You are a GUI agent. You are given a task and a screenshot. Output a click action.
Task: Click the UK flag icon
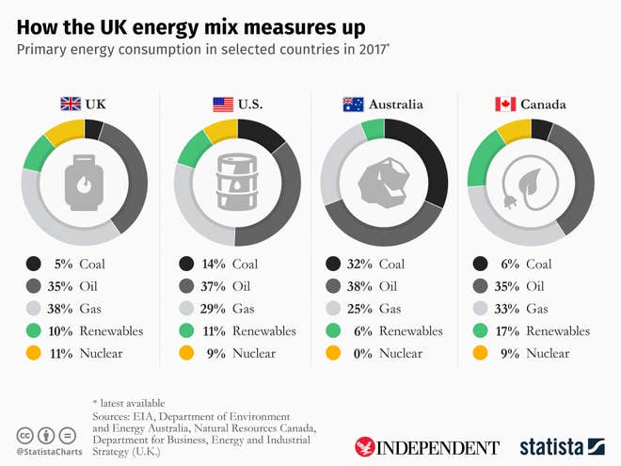click(72, 104)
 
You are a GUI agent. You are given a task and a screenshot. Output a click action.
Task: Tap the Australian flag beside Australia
click(354, 104)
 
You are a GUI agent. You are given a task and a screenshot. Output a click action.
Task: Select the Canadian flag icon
click(505, 104)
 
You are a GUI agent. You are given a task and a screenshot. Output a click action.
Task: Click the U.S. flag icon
click(222, 104)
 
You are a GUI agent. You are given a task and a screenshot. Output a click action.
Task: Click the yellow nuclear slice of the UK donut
click(64, 131)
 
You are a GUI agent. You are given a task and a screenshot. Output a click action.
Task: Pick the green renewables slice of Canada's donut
click(483, 156)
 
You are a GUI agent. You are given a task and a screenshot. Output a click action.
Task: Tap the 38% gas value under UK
click(58, 309)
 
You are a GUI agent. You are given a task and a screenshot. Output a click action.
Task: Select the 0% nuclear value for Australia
click(359, 353)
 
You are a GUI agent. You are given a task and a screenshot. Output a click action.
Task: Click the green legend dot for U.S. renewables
click(186, 331)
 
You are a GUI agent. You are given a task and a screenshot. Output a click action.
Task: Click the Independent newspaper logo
click(426, 446)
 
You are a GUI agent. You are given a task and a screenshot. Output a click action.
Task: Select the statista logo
click(562, 446)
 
